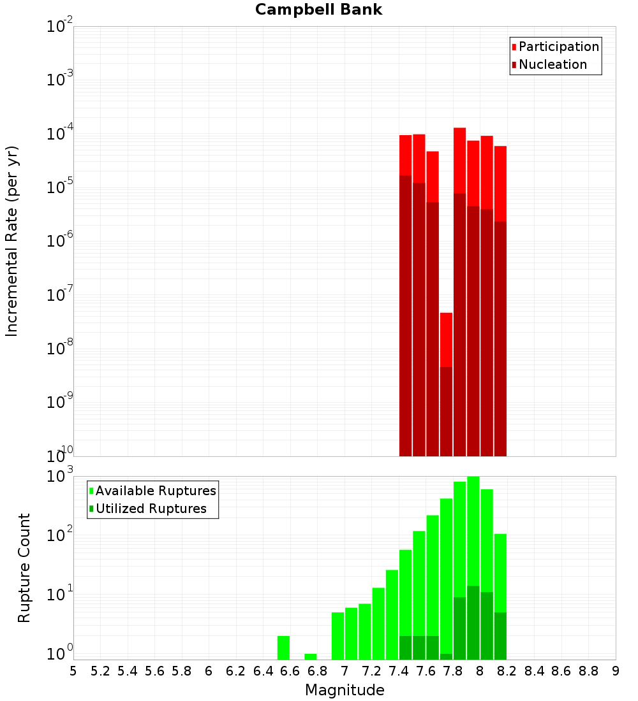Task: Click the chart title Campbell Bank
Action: point(318,10)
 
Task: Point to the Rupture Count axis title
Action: point(24,568)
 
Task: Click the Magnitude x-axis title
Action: point(345,690)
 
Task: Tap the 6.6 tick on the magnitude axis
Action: point(290,671)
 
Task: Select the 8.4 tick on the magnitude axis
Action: point(535,671)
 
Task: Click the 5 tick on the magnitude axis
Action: point(73,671)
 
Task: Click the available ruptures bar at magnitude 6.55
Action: point(284,647)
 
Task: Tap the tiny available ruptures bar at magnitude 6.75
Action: point(311,656)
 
